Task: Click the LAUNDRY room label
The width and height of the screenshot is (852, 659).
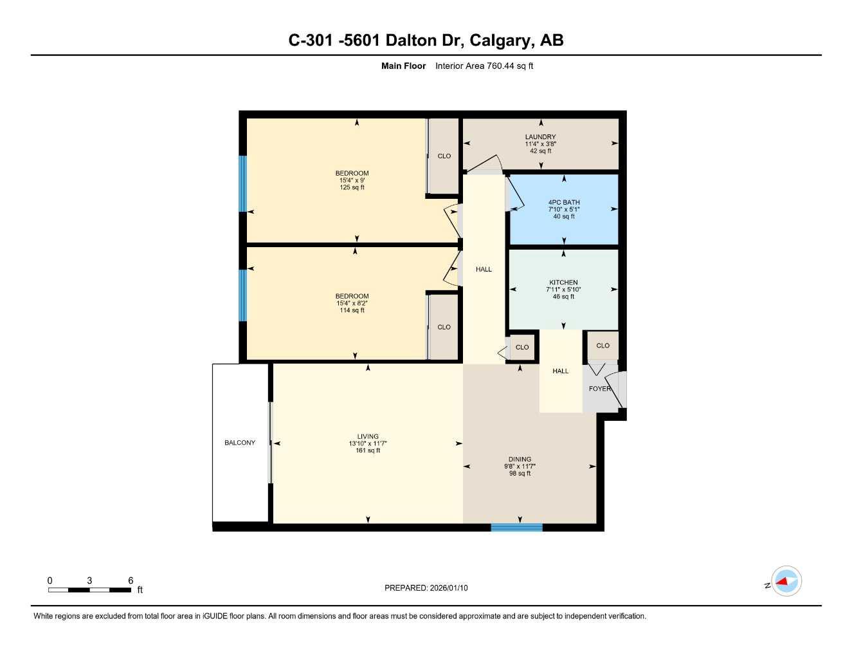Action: (540, 136)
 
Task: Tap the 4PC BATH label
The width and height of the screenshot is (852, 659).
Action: (564, 202)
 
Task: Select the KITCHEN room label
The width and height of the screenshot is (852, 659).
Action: (563, 282)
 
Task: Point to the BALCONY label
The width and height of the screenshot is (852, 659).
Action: (240, 443)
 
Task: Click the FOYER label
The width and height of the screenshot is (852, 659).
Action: (599, 389)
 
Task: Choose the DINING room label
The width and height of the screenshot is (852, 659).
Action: (520, 459)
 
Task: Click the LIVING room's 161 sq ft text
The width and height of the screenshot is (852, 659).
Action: (368, 450)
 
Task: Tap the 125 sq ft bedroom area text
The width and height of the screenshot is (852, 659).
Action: (352, 187)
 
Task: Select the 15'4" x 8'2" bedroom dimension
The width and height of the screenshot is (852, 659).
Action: (352, 303)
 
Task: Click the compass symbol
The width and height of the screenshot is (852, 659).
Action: (786, 582)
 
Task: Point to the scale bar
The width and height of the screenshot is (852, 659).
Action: (90, 589)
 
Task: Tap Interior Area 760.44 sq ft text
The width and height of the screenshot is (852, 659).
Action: (484, 66)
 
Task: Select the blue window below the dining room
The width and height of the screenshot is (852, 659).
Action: (516, 528)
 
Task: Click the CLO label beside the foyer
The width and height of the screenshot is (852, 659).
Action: (603, 346)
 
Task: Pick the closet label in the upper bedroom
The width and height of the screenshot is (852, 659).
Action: (444, 156)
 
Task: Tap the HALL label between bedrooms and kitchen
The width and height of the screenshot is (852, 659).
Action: (484, 269)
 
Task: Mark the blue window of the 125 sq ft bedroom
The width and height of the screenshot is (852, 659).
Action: (242, 183)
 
